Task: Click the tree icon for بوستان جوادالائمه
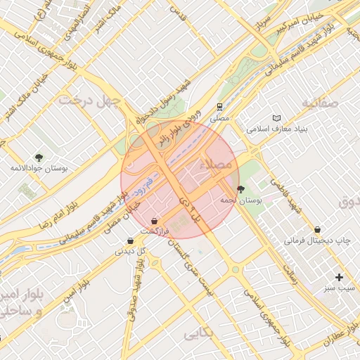[39, 157]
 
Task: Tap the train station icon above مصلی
[220, 107]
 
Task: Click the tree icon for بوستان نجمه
[241, 189]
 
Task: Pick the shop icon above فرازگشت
[154, 221]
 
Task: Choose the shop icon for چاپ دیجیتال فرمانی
[318, 229]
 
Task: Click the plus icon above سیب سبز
[340, 277]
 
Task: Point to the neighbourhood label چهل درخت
[90, 100]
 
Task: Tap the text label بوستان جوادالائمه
[39, 169]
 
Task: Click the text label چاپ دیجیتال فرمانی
[316, 240]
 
